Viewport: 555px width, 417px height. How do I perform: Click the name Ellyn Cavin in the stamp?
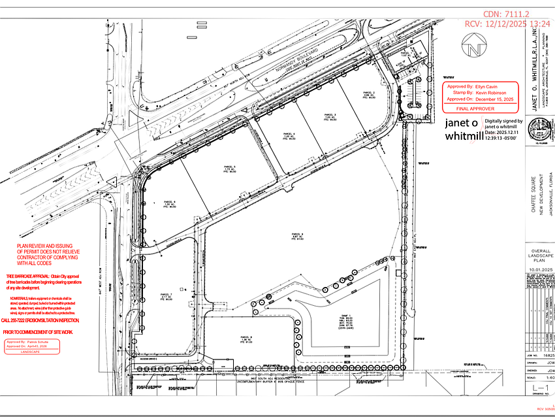[486, 86]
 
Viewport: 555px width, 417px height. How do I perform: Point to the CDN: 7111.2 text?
[507, 14]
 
